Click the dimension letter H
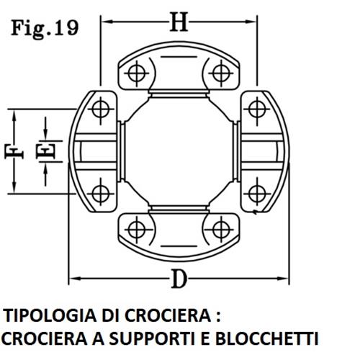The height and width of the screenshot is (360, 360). click(179, 22)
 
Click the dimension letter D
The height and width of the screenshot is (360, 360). click(179, 279)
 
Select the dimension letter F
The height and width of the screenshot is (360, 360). click(14, 152)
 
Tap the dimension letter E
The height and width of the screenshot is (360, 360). click(46, 151)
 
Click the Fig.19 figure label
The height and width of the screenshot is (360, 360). click(45, 29)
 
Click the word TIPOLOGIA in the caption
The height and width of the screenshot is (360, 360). click(50, 315)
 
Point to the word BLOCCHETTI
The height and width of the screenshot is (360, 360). click(266, 338)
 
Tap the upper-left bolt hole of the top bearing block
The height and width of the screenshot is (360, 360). click(137, 73)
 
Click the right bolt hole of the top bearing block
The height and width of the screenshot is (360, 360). click(221, 73)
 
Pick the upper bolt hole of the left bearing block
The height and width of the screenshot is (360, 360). click(101, 109)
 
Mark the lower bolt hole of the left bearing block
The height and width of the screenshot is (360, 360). click(101, 194)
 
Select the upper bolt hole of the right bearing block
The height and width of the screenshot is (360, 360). click(257, 109)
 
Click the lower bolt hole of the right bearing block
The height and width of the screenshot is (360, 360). click(257, 194)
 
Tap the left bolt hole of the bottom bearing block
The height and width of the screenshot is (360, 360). click(137, 230)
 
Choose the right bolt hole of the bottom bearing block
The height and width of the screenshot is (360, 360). click(221, 230)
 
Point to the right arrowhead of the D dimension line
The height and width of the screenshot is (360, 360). click(282, 279)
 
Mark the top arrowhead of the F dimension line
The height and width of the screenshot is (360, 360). click(14, 116)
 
